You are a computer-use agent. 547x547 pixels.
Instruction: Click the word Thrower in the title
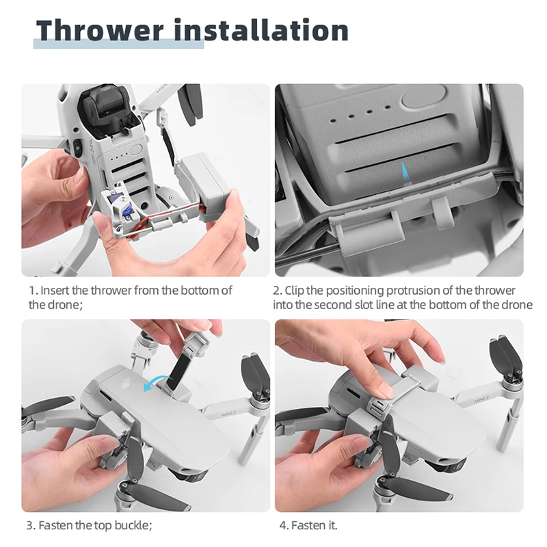point(99,31)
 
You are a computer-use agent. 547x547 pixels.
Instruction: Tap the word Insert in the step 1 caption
point(55,291)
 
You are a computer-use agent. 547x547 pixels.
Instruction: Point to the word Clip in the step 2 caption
point(295,291)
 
